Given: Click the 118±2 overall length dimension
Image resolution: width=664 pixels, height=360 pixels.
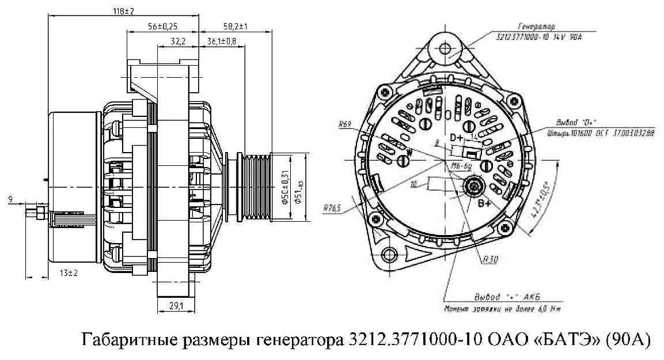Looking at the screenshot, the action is (123, 11).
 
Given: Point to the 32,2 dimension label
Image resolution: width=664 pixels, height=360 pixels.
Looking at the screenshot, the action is (178, 41).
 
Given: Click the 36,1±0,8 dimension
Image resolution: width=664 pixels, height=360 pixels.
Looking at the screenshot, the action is (221, 41).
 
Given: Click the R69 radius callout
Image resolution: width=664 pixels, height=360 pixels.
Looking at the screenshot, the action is (346, 123).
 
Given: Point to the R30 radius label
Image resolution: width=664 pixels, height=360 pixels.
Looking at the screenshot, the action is (491, 260).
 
